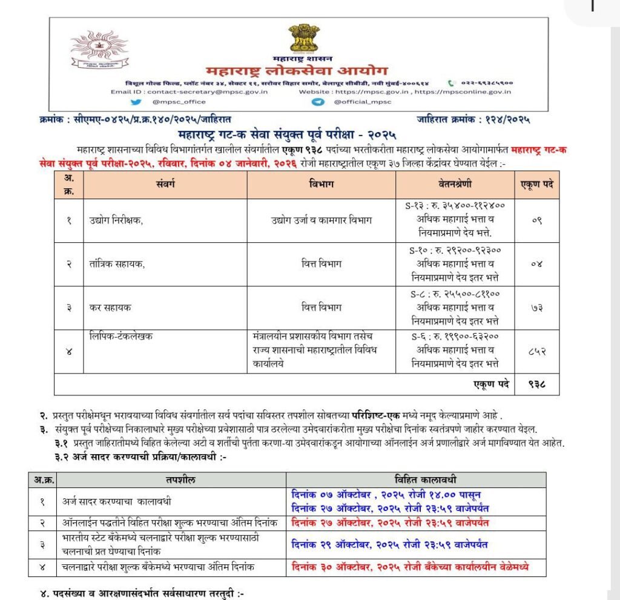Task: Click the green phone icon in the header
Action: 451,82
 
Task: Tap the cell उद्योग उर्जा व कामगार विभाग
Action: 321,221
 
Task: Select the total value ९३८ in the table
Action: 536,384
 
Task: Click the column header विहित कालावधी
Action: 416,480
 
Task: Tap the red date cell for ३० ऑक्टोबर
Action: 410,567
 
